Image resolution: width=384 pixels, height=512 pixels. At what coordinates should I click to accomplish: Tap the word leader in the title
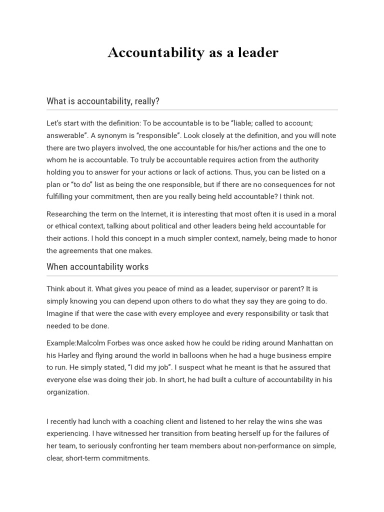pos(258,52)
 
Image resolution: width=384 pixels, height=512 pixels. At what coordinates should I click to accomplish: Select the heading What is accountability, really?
pos(103,101)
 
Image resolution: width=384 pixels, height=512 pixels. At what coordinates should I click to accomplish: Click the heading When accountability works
pos(97,266)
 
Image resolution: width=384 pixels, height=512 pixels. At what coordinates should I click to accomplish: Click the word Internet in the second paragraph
pos(152,214)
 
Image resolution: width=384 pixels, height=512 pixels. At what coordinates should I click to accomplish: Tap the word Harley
pos(70,355)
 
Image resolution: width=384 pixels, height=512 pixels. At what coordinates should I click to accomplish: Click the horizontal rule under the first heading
pos(192,109)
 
